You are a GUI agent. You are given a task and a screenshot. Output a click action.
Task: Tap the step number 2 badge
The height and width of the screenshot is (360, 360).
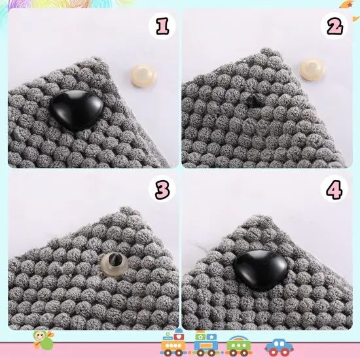coord(334,27)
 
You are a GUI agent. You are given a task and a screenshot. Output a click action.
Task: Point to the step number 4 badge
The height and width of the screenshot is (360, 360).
coord(334,189)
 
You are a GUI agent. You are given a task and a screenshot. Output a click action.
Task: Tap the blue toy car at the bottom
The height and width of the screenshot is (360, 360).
coord(278,347)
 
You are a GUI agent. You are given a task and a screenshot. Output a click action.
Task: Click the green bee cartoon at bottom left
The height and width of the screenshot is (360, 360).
coord(43,340)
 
